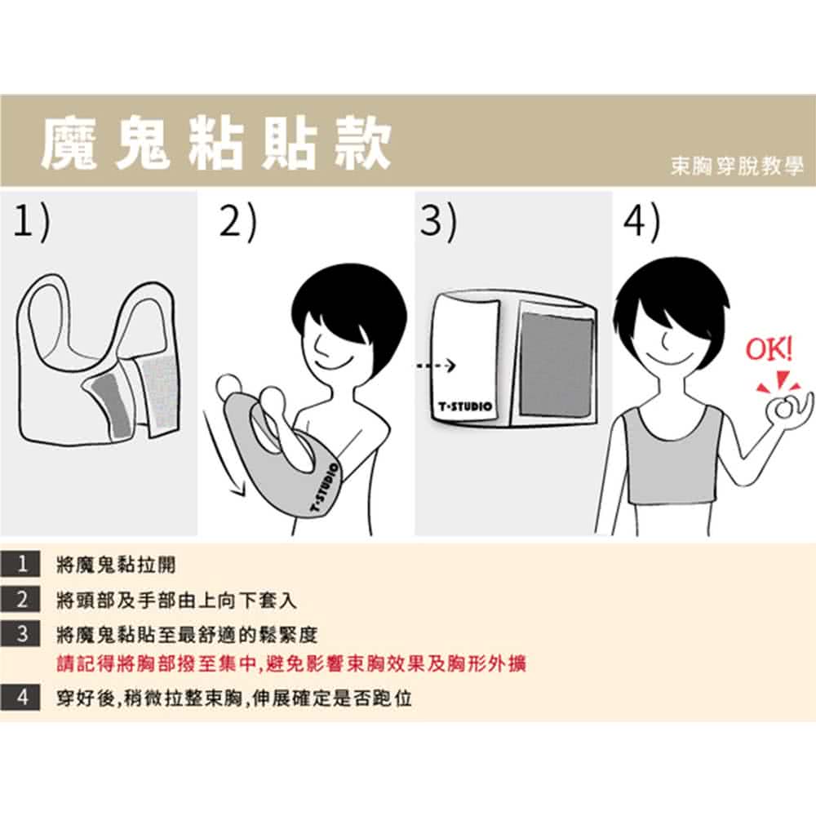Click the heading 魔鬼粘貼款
tap(216, 143)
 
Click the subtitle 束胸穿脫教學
tap(737, 166)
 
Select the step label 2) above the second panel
tap(237, 222)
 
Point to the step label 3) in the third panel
tap(439, 222)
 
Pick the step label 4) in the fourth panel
tap(641, 222)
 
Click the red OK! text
tap(769, 349)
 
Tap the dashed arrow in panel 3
tap(436, 366)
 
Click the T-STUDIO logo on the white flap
tap(465, 406)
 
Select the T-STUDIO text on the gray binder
tap(324, 489)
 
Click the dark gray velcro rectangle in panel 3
tap(557, 364)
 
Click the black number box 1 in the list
tap(21, 564)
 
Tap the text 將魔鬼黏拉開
tap(116, 565)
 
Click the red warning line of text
tap(291, 663)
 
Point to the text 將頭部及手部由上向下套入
tap(176, 601)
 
